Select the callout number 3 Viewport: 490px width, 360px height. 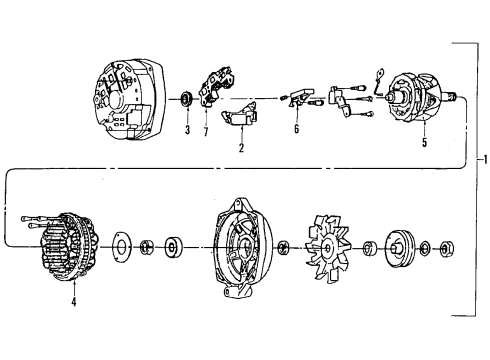[186, 130]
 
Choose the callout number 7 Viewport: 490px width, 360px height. [206, 131]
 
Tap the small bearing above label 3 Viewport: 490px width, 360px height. [186, 101]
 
